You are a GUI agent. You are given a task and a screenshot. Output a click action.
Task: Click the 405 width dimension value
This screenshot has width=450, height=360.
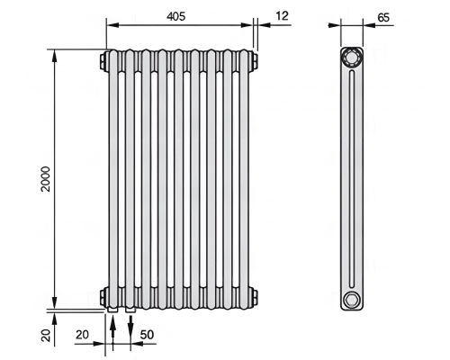[176, 16]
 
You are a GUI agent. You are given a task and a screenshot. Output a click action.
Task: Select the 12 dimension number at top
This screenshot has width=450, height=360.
[282, 15]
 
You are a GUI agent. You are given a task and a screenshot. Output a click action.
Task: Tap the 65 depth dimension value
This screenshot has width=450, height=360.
[383, 18]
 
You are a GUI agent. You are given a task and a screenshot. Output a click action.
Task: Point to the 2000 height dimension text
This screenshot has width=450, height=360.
[46, 179]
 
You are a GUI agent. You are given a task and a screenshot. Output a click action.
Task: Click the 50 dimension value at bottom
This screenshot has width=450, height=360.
[147, 335]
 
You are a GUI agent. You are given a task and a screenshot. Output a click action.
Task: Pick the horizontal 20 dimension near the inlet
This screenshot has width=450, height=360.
[82, 335]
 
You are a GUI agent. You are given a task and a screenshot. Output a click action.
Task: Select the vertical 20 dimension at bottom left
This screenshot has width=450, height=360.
[46, 335]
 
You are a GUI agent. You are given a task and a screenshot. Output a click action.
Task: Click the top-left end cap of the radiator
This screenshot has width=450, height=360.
[104, 61]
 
